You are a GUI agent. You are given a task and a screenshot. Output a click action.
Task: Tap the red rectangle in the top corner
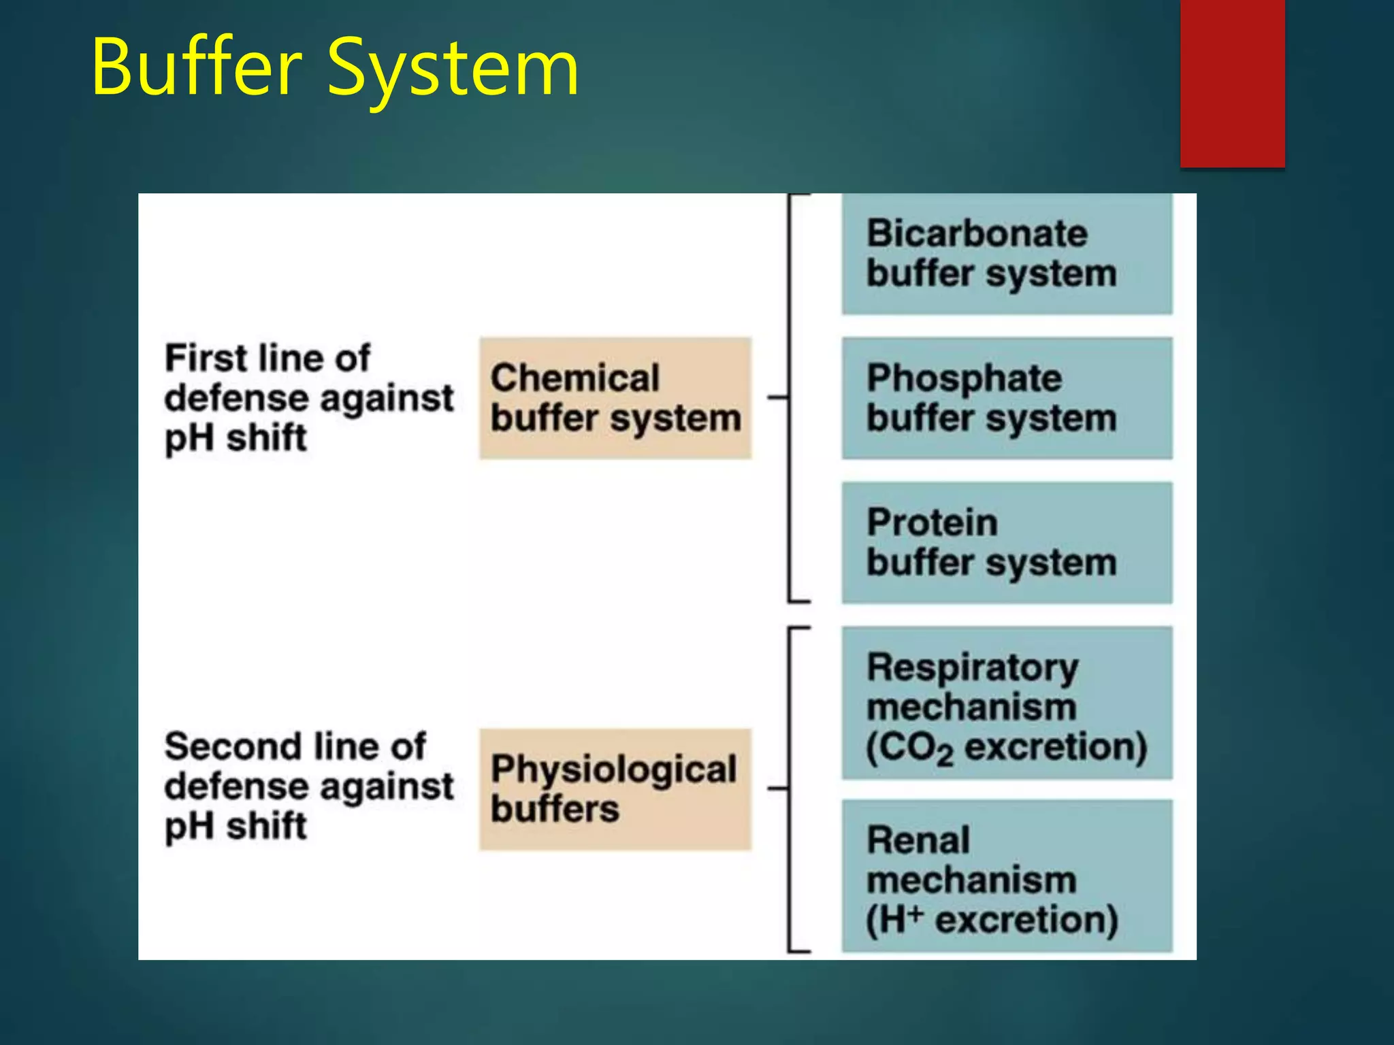pyautogui.click(x=1232, y=83)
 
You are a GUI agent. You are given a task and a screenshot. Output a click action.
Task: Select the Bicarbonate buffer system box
pyautogui.click(x=1006, y=254)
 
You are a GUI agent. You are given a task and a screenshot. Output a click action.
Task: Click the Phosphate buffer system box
pyautogui.click(x=1006, y=398)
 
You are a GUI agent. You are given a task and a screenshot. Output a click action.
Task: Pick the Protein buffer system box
pyautogui.click(x=1006, y=542)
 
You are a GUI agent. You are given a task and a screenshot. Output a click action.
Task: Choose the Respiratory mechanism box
pyautogui.click(x=1006, y=703)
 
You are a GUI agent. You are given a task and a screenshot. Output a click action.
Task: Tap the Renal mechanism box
pyautogui.click(x=1006, y=876)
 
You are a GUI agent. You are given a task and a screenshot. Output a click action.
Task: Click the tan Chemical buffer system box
pyautogui.click(x=615, y=398)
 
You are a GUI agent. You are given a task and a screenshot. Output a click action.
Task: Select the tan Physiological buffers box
pyautogui.click(x=615, y=789)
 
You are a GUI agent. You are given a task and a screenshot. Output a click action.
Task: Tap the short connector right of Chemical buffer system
pyautogui.click(x=777, y=397)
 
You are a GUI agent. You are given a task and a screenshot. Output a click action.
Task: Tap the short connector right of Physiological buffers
pyautogui.click(x=777, y=789)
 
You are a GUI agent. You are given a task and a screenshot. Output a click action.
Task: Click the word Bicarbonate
pyautogui.click(x=977, y=234)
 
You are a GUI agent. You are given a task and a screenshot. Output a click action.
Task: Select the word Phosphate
pyautogui.click(x=963, y=379)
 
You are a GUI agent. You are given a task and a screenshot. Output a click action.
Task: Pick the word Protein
pyautogui.click(x=932, y=523)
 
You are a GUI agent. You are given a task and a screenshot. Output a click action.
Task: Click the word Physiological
pyautogui.click(x=613, y=770)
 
